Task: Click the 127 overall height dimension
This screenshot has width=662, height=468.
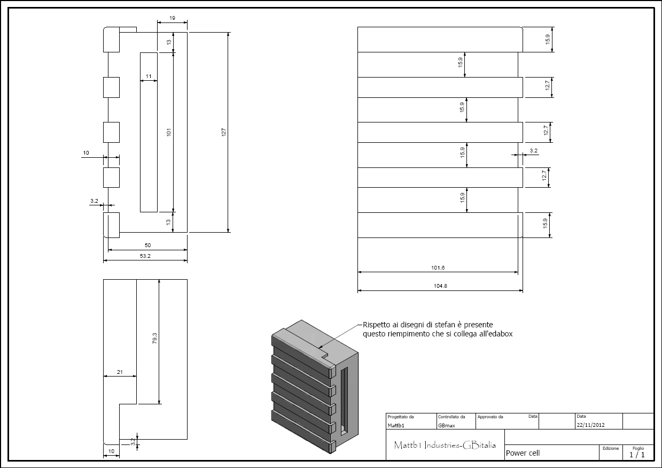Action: (224, 132)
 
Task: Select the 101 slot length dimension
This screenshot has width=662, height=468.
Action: (169, 132)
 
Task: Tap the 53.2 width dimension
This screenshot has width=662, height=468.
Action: (145, 256)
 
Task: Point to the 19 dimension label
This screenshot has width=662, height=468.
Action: (172, 18)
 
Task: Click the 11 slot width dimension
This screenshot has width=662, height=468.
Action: (149, 76)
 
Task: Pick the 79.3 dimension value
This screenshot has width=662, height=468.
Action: (154, 339)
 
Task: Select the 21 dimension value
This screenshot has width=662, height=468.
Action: (120, 372)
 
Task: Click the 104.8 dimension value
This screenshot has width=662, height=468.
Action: (440, 286)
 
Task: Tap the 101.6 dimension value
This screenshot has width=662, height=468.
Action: (438, 268)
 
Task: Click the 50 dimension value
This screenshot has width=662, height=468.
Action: (148, 245)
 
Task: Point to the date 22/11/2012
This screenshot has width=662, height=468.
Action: (590, 425)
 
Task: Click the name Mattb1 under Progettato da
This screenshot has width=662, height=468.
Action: (396, 426)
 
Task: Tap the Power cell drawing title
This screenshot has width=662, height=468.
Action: (523, 453)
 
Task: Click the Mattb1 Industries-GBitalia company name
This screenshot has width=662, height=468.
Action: (445, 445)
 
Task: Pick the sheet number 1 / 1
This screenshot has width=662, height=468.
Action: (637, 455)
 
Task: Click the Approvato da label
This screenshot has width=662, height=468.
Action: (490, 417)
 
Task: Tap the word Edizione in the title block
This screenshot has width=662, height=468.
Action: (611, 448)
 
